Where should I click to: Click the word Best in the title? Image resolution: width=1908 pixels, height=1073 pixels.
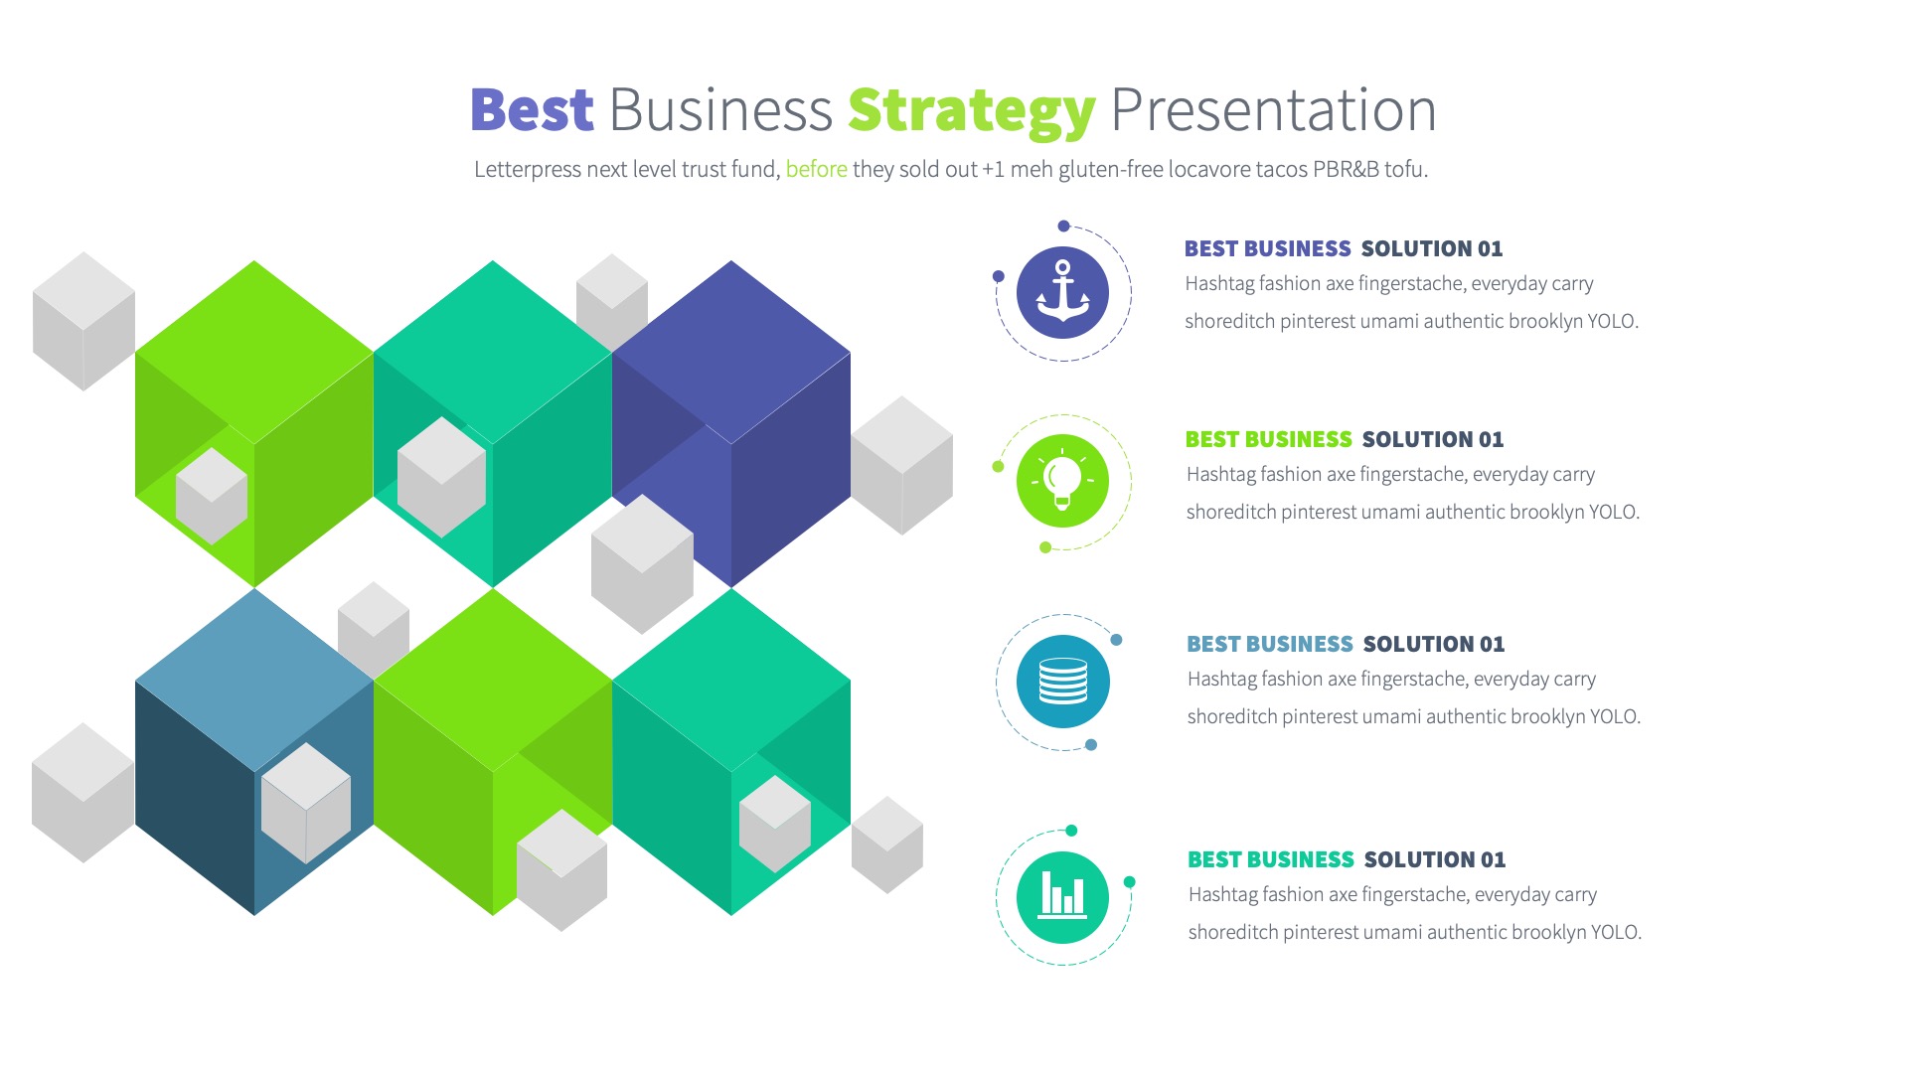point(532,109)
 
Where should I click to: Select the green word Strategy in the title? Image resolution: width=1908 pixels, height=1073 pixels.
point(971,111)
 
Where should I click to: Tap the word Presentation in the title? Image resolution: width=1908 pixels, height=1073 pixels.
point(1273,109)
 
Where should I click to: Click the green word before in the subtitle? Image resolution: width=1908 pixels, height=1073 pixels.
point(816,169)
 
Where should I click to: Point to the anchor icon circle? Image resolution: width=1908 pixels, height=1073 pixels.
point(1062,293)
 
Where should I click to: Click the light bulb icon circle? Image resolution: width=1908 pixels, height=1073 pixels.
point(1062,481)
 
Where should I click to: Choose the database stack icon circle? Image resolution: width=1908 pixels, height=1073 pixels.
point(1062,682)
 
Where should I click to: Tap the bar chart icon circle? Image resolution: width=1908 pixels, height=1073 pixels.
point(1062,897)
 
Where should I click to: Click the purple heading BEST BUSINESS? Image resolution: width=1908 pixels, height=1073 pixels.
point(1267,248)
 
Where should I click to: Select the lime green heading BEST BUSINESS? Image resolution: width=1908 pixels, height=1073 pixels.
point(1268,439)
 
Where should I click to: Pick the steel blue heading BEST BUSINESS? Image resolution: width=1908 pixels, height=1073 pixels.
point(1269,644)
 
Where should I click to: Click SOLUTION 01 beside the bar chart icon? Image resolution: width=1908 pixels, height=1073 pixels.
point(1434,859)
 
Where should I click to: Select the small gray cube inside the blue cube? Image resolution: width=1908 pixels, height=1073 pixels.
point(306,803)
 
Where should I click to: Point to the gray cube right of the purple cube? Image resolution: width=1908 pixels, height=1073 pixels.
point(902,465)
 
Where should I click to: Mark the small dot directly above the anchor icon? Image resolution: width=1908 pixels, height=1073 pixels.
point(1063,226)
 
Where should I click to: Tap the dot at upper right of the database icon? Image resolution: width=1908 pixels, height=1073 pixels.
point(1116,640)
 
